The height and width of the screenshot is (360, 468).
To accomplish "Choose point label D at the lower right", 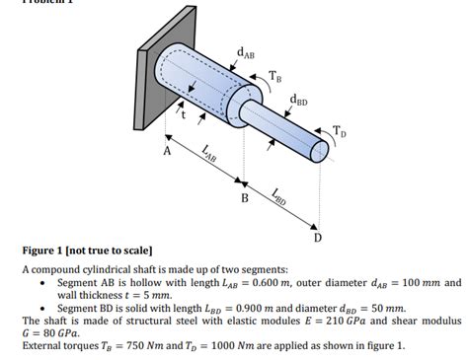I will point(317,238).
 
